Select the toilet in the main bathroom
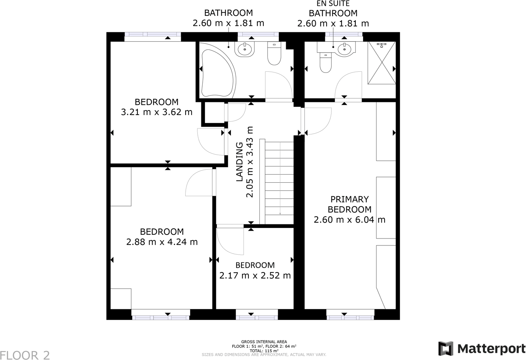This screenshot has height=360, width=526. (274, 55)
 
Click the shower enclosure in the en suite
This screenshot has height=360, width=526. (381, 63)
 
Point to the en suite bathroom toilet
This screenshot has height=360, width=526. (326, 62)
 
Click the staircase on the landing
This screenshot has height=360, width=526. (279, 182)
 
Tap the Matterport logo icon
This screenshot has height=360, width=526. (446, 349)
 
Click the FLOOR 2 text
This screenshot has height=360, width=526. (25, 355)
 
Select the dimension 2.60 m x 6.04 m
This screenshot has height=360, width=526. (349, 220)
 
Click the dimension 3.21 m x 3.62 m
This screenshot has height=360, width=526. (156, 112)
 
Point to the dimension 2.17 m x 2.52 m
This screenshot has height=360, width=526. (255, 275)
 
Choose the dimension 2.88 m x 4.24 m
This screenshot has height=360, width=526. (162, 242)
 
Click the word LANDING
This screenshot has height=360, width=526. (240, 161)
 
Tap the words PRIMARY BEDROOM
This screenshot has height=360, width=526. (349, 204)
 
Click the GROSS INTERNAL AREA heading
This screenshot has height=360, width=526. (264, 342)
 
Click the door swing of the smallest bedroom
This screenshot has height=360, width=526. (230, 241)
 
